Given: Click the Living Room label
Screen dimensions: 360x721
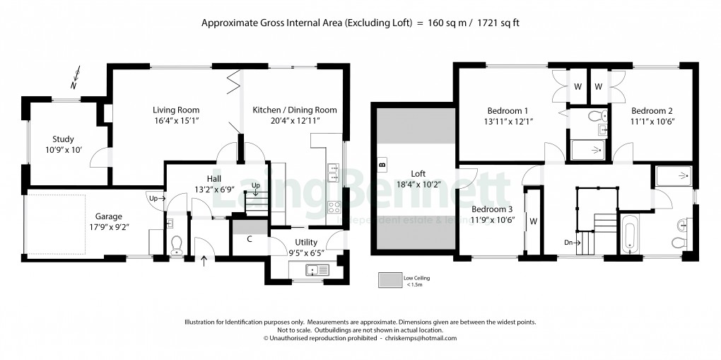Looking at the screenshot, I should (176, 110).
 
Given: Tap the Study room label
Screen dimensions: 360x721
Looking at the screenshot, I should (63, 139).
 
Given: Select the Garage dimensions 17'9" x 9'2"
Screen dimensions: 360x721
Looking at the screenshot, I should (109, 227).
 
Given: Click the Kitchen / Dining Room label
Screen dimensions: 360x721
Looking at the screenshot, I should (295, 110).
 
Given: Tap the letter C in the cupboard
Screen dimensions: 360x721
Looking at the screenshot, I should (250, 239).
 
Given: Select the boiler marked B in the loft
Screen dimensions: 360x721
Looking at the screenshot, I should (382, 165).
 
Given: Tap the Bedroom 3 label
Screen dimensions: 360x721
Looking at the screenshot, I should (492, 210).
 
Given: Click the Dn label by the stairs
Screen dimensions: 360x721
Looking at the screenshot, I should (568, 242).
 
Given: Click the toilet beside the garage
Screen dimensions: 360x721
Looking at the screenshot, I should (177, 245).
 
